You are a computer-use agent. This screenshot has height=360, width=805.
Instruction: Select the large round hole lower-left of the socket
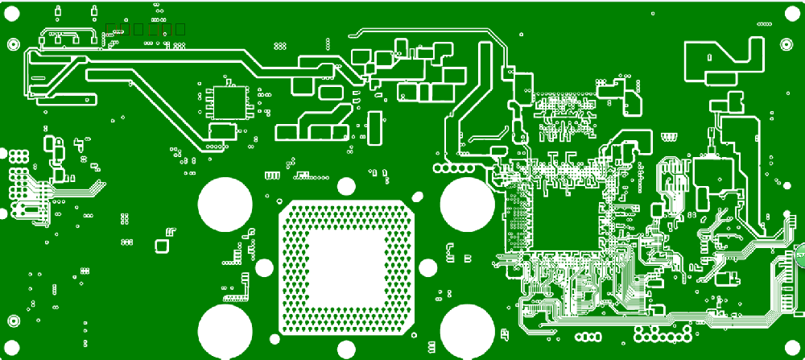(x=225, y=331)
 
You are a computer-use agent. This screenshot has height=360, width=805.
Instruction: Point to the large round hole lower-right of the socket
(x=468, y=331)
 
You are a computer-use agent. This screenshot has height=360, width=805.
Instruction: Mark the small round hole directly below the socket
(x=346, y=350)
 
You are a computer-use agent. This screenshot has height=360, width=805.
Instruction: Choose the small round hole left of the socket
(x=264, y=268)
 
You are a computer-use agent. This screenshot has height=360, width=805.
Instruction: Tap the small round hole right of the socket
(x=427, y=268)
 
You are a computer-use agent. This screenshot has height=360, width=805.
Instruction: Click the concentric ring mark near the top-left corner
(x=13, y=44)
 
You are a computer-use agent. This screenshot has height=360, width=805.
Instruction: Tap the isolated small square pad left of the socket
(x=162, y=246)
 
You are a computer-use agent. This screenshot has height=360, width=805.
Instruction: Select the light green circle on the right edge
(x=801, y=254)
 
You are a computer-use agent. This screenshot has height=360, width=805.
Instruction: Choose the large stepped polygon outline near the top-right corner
(x=724, y=60)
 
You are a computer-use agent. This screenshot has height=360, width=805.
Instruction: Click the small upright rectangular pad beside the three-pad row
(x=373, y=127)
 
